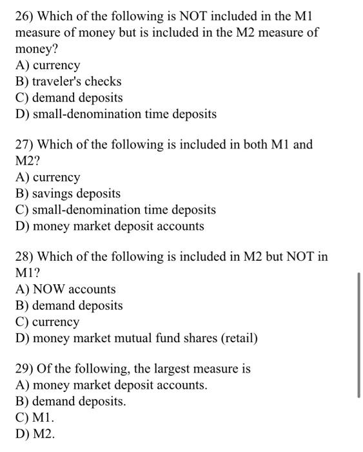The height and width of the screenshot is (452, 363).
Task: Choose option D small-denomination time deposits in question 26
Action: click(x=116, y=114)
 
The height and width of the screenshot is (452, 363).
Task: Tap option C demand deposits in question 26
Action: click(x=70, y=98)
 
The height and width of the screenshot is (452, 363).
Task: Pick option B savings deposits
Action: click(x=68, y=193)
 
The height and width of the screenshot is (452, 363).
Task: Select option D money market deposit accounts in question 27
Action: click(x=110, y=226)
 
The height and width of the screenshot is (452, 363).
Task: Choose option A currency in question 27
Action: click(x=48, y=177)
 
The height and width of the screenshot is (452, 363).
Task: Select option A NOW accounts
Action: click(x=66, y=289)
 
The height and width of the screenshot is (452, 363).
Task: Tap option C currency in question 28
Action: click(x=48, y=322)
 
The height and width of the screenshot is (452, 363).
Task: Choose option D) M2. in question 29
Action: click(x=35, y=434)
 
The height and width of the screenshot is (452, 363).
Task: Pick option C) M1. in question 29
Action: click(x=35, y=418)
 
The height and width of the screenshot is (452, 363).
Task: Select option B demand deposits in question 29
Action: click(x=71, y=401)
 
